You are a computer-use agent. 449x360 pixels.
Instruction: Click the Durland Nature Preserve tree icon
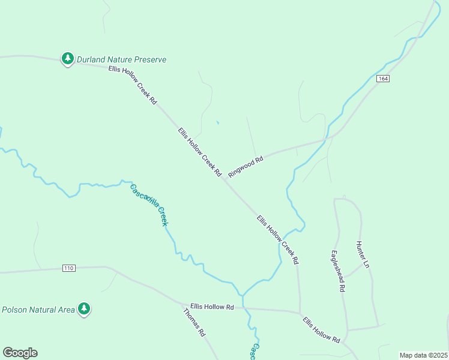click(68, 58)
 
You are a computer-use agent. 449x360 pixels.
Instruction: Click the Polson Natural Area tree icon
click(84, 308)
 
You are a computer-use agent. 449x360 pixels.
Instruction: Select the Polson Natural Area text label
click(38, 310)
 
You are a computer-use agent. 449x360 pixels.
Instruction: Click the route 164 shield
click(384, 79)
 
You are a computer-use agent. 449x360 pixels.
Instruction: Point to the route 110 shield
click(69, 268)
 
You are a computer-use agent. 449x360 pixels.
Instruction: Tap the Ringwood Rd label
click(246, 167)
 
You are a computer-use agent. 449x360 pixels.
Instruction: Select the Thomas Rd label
click(194, 323)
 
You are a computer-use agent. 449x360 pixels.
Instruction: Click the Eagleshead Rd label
click(338, 271)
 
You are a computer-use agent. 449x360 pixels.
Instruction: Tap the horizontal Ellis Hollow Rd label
click(212, 307)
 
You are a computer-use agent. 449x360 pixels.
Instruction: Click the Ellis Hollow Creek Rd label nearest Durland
click(133, 85)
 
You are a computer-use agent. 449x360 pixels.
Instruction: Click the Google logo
click(20, 353)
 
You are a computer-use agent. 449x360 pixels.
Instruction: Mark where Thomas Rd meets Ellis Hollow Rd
click(182, 305)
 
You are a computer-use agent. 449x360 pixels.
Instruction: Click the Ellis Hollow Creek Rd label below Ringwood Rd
click(277, 240)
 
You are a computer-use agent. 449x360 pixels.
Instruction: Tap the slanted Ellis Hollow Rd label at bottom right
click(321, 329)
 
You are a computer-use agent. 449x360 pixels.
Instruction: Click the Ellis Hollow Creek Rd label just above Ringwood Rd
click(200, 151)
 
